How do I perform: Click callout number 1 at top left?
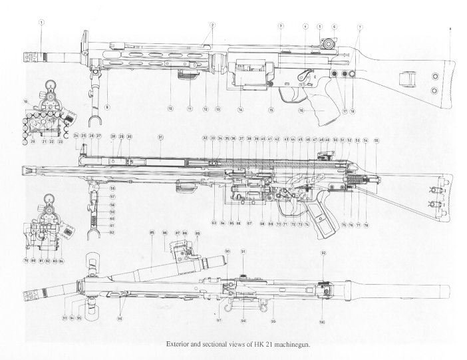[41, 21]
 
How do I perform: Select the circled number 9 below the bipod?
[106, 106]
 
